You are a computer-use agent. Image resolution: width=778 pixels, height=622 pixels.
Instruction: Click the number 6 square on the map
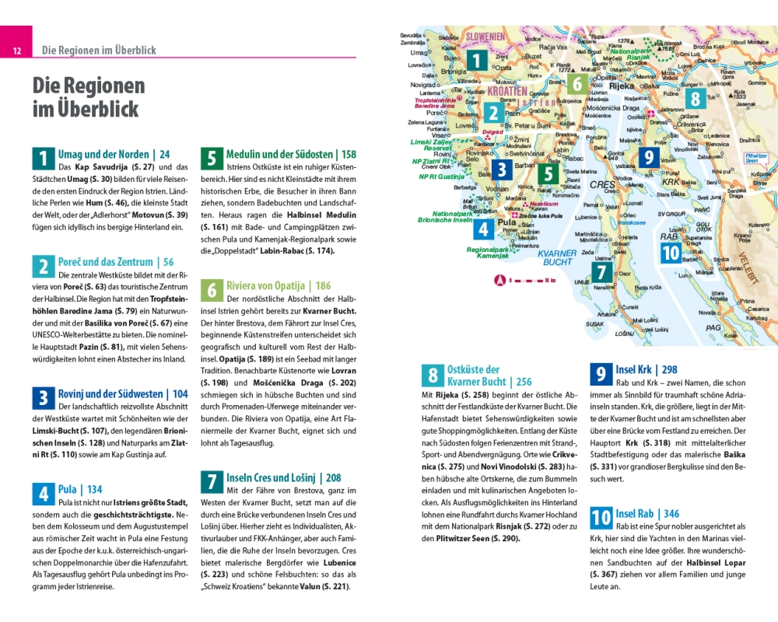click(576, 83)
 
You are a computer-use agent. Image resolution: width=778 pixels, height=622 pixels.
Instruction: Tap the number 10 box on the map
click(671, 253)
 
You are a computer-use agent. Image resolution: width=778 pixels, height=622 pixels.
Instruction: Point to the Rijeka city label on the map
click(622, 87)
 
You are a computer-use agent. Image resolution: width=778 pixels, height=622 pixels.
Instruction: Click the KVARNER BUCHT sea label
click(558, 257)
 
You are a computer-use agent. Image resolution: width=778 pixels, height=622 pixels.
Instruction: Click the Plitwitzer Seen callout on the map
click(755, 157)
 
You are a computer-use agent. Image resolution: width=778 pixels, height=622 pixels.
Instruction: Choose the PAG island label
click(713, 329)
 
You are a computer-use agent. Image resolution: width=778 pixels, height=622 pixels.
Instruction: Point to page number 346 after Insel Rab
click(671, 514)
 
